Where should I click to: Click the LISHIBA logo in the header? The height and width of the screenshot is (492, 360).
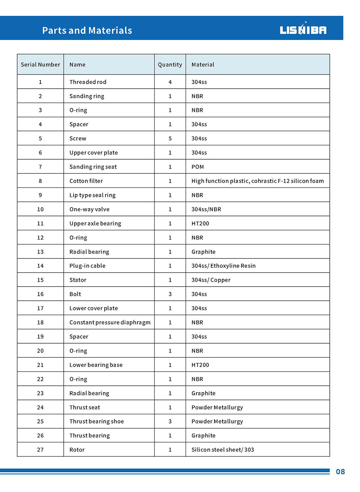point(303,30)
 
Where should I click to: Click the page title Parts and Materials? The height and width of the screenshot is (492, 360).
point(87,31)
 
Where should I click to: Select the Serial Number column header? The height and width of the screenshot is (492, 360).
point(40,65)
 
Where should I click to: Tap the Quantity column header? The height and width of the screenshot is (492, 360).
point(170,65)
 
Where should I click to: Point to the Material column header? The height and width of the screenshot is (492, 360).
point(203,65)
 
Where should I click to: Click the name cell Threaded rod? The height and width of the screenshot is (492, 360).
point(88,82)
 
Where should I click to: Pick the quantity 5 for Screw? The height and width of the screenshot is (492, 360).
point(170,139)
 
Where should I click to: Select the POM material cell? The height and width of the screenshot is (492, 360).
point(198,167)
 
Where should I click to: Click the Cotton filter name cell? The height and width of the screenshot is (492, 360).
point(86,181)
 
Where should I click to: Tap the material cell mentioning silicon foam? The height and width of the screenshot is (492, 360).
point(257,181)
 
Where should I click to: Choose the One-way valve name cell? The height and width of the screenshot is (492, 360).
point(89,209)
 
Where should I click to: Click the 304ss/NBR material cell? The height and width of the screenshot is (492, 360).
point(206,209)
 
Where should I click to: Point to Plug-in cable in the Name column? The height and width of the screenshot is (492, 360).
point(87,266)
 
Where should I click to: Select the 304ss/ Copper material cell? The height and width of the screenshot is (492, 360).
point(211,280)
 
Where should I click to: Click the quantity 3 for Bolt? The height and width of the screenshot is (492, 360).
point(170,294)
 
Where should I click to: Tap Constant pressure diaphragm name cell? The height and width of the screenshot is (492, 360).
point(110,322)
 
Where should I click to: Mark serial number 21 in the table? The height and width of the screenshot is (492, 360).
point(40,365)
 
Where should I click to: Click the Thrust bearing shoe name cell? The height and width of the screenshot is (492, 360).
point(97,421)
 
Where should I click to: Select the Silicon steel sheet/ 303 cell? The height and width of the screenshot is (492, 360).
point(223,450)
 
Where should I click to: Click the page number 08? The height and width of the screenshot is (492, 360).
point(340,472)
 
